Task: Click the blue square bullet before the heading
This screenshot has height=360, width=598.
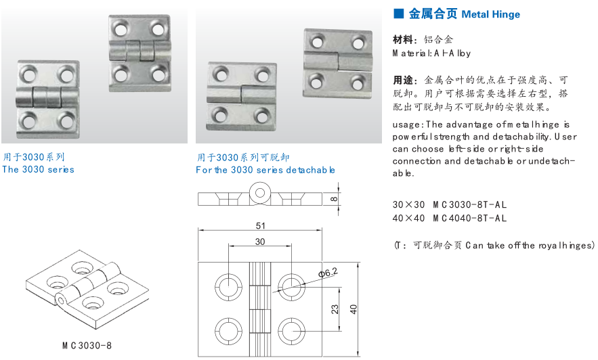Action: (x=398, y=13)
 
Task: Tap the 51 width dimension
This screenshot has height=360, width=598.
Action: (x=260, y=226)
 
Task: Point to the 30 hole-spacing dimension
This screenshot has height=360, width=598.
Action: (x=260, y=242)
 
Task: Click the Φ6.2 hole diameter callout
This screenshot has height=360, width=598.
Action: (x=328, y=273)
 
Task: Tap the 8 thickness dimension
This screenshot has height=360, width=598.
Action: (x=333, y=198)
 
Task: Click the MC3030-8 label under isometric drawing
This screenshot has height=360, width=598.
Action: (x=87, y=345)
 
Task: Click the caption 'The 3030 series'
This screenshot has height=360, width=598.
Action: (x=38, y=169)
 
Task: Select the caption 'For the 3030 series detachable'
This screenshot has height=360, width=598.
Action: (x=265, y=170)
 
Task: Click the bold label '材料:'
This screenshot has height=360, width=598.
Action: (x=405, y=39)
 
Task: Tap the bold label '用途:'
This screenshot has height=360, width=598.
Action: (x=405, y=79)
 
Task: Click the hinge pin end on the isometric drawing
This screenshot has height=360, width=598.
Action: (x=62, y=299)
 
